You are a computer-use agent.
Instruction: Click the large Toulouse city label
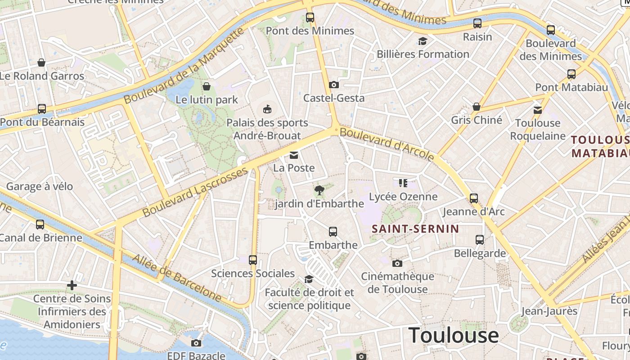454,336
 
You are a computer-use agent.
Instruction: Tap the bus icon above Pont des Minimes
310,18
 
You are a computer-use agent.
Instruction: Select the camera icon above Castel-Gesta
333,85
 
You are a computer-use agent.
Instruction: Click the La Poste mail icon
294,155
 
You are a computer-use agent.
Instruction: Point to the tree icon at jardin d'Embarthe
319,190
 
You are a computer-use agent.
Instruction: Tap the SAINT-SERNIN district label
415,229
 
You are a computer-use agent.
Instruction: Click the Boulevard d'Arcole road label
387,144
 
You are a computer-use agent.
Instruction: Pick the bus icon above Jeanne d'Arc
474,198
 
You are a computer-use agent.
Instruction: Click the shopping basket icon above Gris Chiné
477,107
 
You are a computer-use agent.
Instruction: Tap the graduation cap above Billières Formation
423,41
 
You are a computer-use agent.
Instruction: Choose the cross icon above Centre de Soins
72,285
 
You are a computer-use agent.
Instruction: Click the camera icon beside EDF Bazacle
196,343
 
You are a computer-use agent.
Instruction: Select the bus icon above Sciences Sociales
253,260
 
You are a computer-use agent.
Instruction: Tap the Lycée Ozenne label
403,197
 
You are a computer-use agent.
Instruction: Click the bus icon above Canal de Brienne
40,224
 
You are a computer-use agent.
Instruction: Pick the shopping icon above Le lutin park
207,86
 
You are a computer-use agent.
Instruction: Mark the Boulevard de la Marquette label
184,66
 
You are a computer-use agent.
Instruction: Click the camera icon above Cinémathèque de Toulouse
397,263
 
